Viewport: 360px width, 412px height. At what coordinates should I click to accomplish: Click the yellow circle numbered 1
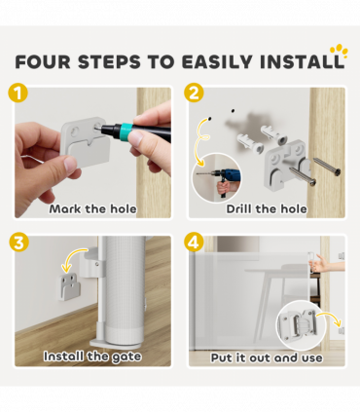tap(18, 93)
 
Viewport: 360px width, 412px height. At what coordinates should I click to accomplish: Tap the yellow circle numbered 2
tap(194, 93)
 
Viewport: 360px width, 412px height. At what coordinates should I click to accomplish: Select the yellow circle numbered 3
tap(18, 243)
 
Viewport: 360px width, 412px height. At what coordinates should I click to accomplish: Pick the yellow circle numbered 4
tap(194, 243)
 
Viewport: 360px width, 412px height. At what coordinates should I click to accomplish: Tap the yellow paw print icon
tap(339, 52)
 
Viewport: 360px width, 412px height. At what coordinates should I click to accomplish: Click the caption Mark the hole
tap(92, 208)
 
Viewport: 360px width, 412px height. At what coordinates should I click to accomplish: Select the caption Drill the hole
tap(267, 208)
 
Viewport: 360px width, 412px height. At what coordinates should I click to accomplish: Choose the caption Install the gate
tap(92, 356)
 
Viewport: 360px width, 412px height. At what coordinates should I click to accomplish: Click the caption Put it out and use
tap(267, 357)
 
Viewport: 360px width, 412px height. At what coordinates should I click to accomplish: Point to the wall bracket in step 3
tap(69, 287)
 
